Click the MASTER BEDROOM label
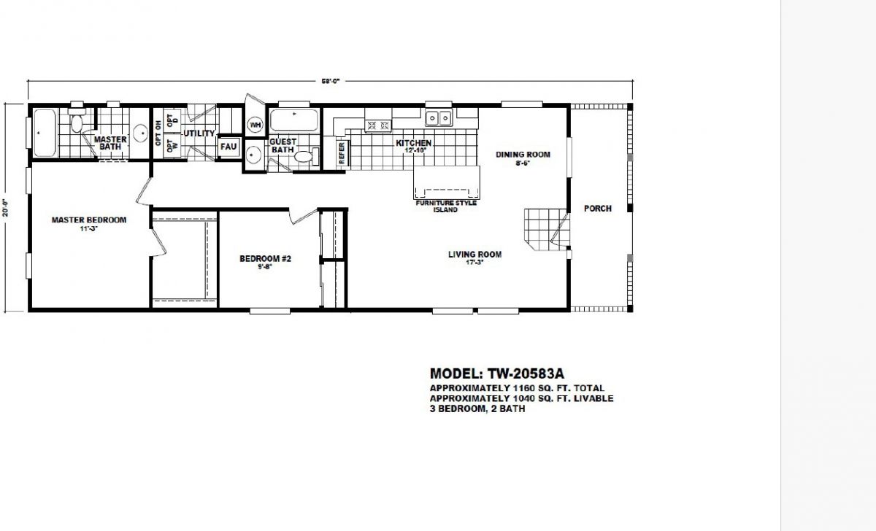tap(88, 220)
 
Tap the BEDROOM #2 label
tap(265, 258)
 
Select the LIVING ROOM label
tap(474, 255)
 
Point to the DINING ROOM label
tap(523, 155)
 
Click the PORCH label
tap(597, 209)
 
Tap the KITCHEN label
tap(414, 143)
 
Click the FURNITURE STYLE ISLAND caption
tap(446, 206)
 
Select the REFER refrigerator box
tap(341, 154)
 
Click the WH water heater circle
tap(255, 125)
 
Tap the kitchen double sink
tap(439, 117)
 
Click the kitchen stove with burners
tap(379, 125)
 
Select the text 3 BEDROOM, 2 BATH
tap(477, 409)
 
